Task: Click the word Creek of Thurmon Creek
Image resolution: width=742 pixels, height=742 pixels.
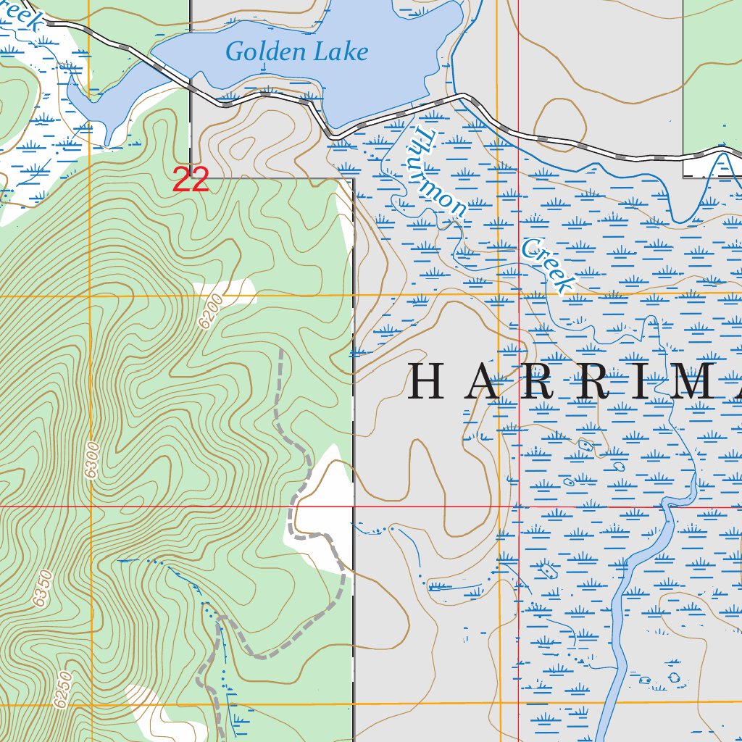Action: (547, 265)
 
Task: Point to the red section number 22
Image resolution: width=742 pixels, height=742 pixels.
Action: (191, 180)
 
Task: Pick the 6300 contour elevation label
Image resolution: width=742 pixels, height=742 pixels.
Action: (91, 459)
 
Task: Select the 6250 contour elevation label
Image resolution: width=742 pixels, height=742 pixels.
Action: (64, 690)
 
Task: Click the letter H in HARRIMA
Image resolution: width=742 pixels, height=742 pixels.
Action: (426, 383)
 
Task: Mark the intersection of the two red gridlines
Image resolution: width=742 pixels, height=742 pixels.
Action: (519, 507)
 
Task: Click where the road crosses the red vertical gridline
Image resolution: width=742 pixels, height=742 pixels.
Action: (519, 134)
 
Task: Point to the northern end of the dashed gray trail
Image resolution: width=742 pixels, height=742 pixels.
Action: (280, 349)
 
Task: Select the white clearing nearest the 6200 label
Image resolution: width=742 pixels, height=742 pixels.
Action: (235, 291)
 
